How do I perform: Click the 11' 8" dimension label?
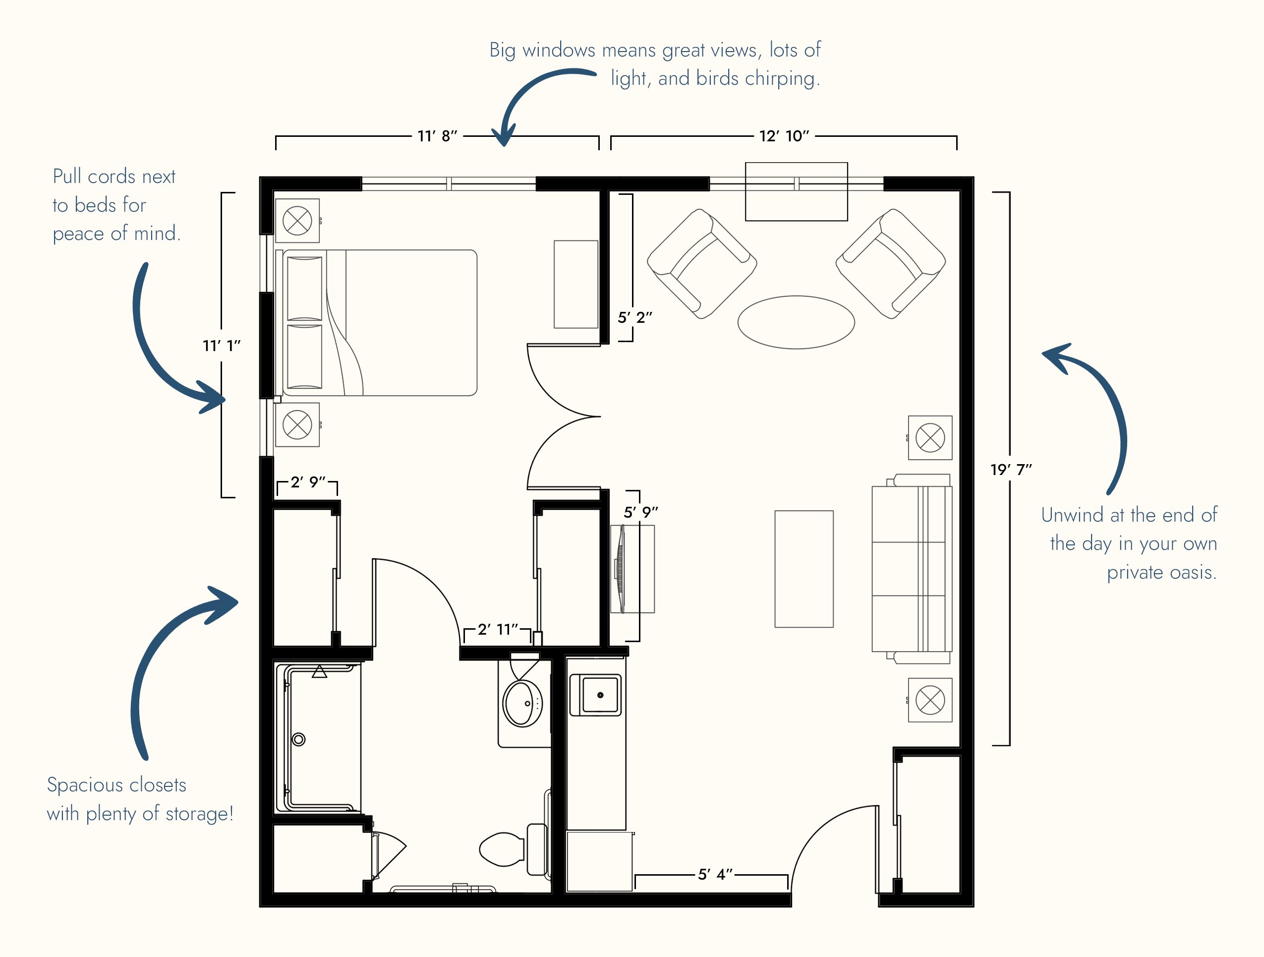tap(437, 136)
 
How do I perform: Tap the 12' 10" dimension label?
tap(784, 136)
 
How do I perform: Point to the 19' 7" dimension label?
tap(1011, 470)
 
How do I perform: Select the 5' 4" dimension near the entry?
tap(715, 874)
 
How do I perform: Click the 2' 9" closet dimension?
tap(308, 482)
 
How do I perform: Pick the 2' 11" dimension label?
tap(498, 629)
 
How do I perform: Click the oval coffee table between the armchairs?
tap(796, 322)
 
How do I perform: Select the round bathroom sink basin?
tap(522, 703)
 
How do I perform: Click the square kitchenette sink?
tap(600, 695)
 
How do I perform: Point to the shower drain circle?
tap(298, 739)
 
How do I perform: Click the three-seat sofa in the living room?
tap(912, 569)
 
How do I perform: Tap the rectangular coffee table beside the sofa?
tap(804, 569)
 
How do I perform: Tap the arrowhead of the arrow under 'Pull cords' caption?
tap(214, 397)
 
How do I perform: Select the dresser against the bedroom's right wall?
tap(576, 284)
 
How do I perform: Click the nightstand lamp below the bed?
tap(297, 425)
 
